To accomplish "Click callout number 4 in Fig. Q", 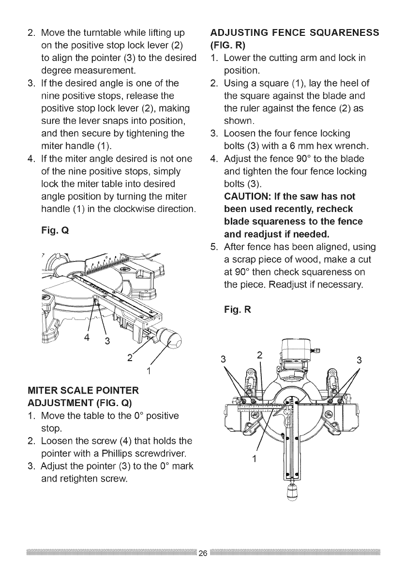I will [87, 337].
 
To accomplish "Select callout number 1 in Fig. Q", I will [149, 372].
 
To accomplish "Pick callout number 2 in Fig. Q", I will [129, 358].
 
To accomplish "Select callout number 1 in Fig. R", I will [254, 457].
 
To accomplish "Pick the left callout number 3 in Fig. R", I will [223, 360].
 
